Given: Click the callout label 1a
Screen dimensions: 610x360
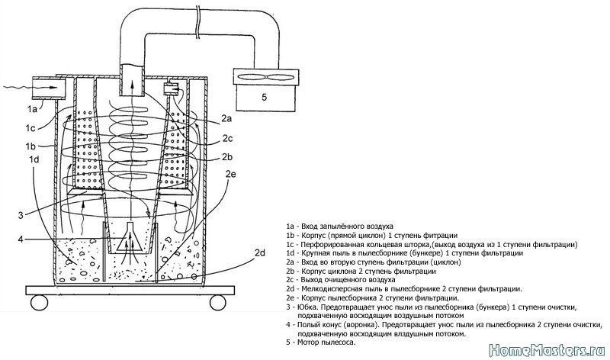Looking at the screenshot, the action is (32, 109).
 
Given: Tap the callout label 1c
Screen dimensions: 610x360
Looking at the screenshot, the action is (30, 127).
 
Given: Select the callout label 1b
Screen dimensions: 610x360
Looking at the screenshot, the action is (30, 146).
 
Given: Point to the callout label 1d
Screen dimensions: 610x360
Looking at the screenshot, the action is (34, 159).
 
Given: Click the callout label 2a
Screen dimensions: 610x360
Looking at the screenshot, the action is (226, 119).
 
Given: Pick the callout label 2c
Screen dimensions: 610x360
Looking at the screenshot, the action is (227, 138).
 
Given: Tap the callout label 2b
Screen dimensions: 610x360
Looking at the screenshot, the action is (227, 157).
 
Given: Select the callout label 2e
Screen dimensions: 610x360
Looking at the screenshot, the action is (231, 174).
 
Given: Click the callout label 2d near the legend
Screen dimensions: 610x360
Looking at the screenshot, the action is (260, 253).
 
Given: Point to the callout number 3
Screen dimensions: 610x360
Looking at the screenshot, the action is (21, 215).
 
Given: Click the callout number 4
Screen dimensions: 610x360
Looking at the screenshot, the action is (21, 239).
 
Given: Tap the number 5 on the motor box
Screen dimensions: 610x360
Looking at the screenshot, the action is (265, 98).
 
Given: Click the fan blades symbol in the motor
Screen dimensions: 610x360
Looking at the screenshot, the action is (265, 77).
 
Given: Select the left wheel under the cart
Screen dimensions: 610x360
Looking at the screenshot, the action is (40, 302).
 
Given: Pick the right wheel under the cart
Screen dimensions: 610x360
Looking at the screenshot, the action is (217, 302).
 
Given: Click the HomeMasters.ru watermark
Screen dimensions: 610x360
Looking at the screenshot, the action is (547, 350).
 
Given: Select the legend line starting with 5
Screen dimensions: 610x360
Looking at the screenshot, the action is (321, 342).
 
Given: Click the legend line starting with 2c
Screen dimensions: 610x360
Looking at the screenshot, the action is (341, 279).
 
